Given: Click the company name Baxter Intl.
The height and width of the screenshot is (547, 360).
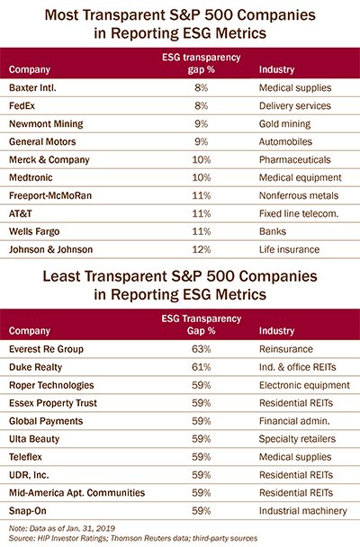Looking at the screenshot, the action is click(x=32, y=87).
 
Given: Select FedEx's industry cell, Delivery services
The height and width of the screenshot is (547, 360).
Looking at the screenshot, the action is click(x=295, y=105).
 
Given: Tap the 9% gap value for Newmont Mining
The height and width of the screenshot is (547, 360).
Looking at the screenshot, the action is click(x=202, y=124).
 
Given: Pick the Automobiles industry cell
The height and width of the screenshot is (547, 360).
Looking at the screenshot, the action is click(x=285, y=141).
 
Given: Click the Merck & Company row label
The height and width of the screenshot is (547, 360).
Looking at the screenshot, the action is click(x=49, y=160).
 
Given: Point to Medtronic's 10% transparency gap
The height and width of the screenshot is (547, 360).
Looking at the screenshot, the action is click(x=202, y=177).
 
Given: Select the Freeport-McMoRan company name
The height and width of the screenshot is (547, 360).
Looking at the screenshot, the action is click(x=50, y=196).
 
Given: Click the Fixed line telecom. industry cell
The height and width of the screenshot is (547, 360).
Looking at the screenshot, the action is click(x=299, y=213).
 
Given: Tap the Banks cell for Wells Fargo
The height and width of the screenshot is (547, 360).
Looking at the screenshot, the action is click(x=273, y=231).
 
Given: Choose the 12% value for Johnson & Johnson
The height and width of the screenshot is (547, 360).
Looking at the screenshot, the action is click(x=202, y=249).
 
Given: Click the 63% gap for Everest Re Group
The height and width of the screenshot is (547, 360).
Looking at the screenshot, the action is click(x=202, y=349).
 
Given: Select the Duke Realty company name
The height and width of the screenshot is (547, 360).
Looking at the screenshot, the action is click(x=36, y=367).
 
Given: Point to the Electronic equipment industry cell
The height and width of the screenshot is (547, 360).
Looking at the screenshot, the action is click(x=304, y=385).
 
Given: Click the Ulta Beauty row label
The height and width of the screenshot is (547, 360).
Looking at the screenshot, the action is click(x=34, y=439).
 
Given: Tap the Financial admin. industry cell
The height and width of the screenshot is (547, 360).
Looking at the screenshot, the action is click(x=294, y=421).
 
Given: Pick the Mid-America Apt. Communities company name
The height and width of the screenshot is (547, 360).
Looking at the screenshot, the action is click(x=76, y=493).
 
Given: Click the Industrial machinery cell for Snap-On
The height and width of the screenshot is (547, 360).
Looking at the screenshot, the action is click(x=302, y=511).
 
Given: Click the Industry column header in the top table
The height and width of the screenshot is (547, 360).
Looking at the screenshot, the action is click(x=276, y=69).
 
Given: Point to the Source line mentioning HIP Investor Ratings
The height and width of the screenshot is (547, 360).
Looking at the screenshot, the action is click(x=133, y=538).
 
